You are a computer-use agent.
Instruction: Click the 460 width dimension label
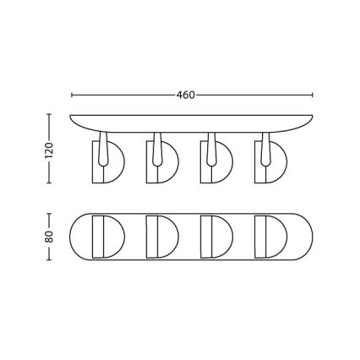coord(187,95)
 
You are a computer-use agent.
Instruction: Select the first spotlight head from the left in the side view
coord(106,164)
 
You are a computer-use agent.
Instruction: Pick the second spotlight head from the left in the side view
coord(159,164)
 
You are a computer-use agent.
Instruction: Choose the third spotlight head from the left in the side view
coord(213,164)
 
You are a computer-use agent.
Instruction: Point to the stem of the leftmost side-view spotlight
coord(102,144)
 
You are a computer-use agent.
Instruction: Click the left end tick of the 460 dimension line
coord(71,95)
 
